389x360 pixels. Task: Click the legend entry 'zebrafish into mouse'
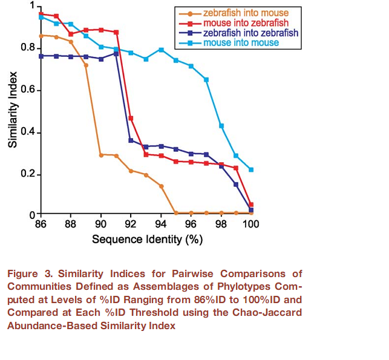[x=245, y=13]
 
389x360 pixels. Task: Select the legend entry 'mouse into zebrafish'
[x=245, y=23]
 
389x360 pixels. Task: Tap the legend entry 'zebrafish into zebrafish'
[x=250, y=33]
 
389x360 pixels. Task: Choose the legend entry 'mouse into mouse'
[x=241, y=43]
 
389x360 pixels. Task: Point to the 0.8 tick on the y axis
[x=25, y=47]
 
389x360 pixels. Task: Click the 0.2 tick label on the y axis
[x=25, y=175]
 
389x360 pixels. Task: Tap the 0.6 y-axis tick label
[x=25, y=90]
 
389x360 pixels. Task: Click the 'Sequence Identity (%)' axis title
[x=147, y=239]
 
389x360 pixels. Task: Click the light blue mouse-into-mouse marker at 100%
[x=251, y=170]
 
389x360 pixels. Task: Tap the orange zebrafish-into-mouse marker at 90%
[x=101, y=155]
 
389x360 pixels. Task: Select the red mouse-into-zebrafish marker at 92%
[x=131, y=118]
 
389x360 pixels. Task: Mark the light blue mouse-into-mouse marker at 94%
[x=161, y=50]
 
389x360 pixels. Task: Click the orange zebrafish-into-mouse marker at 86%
[x=41, y=36]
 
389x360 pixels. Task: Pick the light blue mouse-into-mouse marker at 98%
[x=221, y=126]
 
